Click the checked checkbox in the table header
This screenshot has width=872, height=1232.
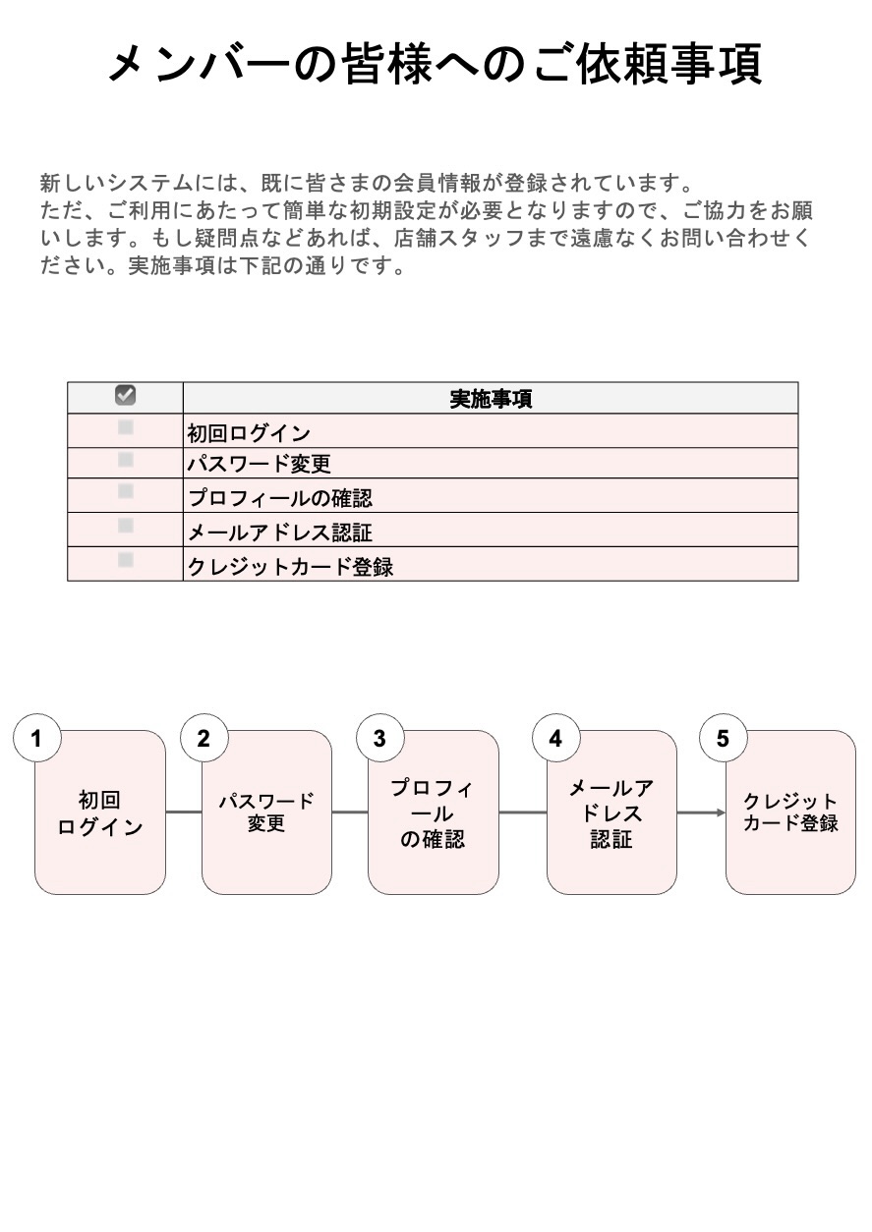click(x=126, y=395)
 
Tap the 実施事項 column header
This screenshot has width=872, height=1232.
click(x=491, y=399)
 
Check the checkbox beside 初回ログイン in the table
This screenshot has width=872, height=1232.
click(x=126, y=427)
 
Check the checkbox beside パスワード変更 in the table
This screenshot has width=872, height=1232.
click(x=126, y=459)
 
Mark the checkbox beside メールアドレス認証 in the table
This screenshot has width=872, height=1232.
click(x=126, y=526)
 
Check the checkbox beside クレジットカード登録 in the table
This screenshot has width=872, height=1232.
click(x=126, y=559)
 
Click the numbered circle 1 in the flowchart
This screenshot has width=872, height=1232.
click(x=37, y=739)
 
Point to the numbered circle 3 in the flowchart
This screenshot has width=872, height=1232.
click(x=379, y=739)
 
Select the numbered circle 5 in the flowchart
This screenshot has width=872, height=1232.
click(x=723, y=739)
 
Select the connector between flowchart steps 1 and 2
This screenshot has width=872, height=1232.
click(x=184, y=812)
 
